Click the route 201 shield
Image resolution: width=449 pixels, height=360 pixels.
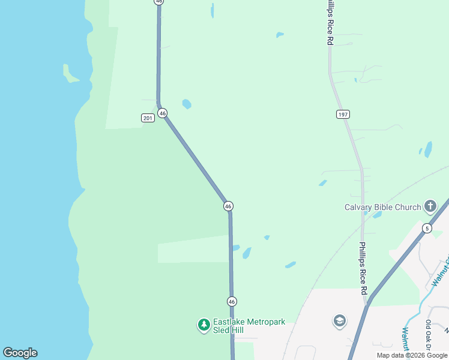[x=148, y=118]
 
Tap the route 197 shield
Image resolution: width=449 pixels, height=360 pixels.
[x=343, y=114]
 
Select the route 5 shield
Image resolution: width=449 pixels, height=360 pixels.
[x=427, y=228]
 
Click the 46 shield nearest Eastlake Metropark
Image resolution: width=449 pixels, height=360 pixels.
[x=232, y=301]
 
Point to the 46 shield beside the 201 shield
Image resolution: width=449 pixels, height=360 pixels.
[x=162, y=113]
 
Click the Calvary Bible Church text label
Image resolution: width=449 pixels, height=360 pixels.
[x=382, y=208]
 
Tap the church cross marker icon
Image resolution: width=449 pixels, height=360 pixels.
[x=430, y=206]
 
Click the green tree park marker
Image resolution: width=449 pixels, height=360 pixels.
[x=204, y=325]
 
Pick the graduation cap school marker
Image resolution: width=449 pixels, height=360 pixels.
[x=340, y=321]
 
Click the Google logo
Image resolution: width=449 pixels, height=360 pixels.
[x=20, y=353]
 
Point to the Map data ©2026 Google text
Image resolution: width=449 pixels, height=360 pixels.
[x=412, y=355]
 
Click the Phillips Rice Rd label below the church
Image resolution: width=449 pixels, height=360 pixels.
[x=363, y=268]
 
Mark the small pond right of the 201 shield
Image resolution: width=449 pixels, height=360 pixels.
[x=187, y=104]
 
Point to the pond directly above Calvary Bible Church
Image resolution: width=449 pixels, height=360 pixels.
[x=428, y=149]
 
